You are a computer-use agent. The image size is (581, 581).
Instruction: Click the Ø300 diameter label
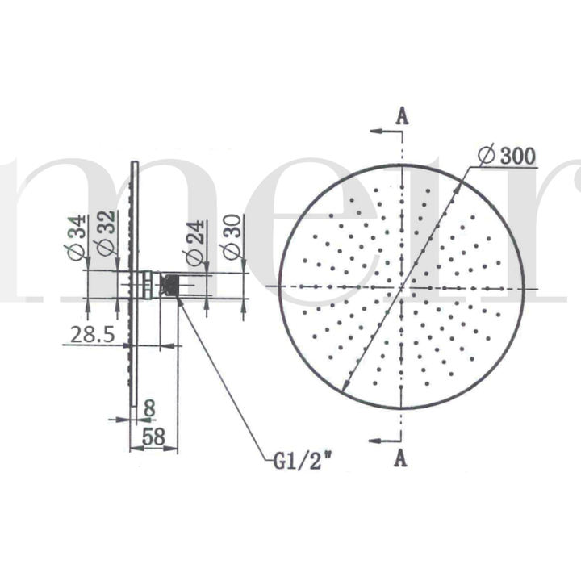point(507,156)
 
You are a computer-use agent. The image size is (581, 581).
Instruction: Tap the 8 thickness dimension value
point(148,409)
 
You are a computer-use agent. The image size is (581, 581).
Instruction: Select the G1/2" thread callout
point(303,462)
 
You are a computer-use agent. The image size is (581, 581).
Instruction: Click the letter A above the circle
point(402,116)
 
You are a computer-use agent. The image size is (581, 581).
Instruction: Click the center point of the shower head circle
point(402,286)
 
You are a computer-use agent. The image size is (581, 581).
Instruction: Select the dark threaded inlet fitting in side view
point(171,286)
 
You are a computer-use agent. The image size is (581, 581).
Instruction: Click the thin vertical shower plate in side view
point(134,282)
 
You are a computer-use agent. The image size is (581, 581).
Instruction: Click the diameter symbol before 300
point(486,156)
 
